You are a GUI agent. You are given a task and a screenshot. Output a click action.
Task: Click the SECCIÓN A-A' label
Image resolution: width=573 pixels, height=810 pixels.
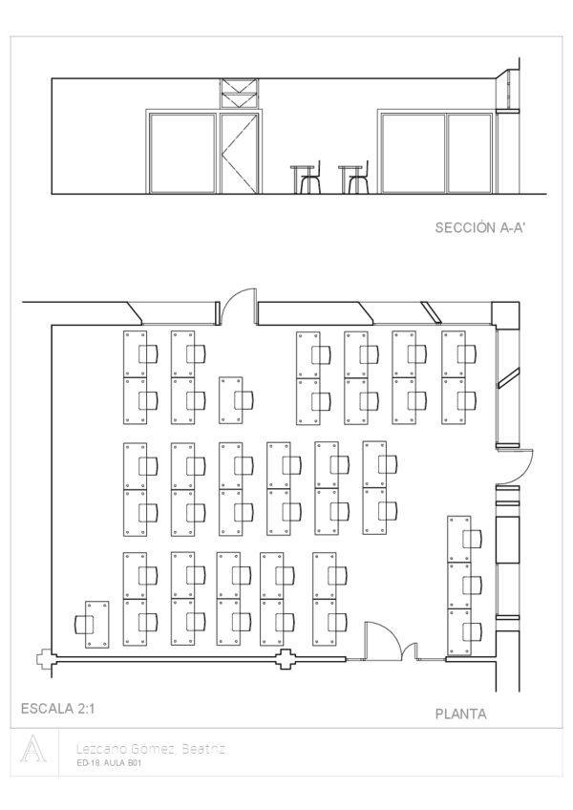(x=480, y=227)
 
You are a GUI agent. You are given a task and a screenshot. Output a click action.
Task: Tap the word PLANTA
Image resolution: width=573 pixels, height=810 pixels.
(x=461, y=714)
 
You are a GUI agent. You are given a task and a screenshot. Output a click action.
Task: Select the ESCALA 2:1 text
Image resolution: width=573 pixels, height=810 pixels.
(x=58, y=709)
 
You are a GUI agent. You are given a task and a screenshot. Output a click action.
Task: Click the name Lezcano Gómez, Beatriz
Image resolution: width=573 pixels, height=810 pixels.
(x=152, y=749)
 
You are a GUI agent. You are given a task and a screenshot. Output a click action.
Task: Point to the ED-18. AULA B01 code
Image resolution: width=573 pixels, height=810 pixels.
(x=109, y=763)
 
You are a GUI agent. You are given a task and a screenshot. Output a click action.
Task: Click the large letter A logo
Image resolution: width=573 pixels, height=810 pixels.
(x=33, y=749)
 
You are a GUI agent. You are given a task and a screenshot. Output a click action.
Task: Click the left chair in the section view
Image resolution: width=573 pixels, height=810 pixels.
(x=311, y=179)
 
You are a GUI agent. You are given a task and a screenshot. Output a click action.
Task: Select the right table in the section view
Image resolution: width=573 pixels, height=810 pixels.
(x=350, y=179)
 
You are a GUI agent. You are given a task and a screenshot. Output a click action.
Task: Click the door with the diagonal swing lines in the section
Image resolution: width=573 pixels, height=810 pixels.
(x=239, y=154)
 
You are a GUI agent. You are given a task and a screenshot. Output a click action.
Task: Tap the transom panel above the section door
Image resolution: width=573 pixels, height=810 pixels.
(x=239, y=94)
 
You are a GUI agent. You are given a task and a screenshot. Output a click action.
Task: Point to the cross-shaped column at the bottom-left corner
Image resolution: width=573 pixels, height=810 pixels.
(x=45, y=659)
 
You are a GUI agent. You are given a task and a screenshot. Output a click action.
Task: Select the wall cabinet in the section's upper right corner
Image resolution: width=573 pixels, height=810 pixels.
(x=507, y=91)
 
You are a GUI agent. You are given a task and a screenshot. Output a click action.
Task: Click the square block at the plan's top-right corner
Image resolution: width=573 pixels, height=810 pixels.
(x=505, y=313)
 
